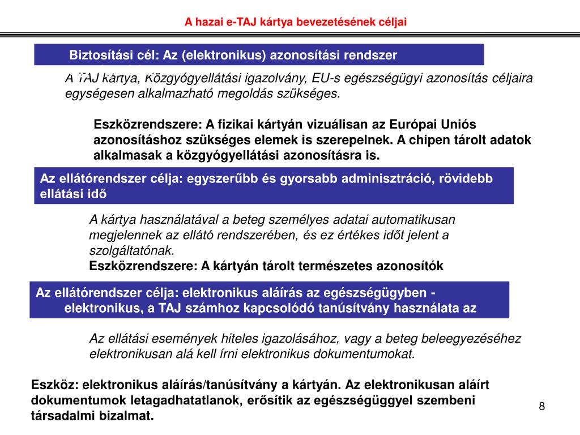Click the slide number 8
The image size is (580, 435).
[542, 406]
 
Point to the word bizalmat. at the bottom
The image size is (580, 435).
[133, 416]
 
